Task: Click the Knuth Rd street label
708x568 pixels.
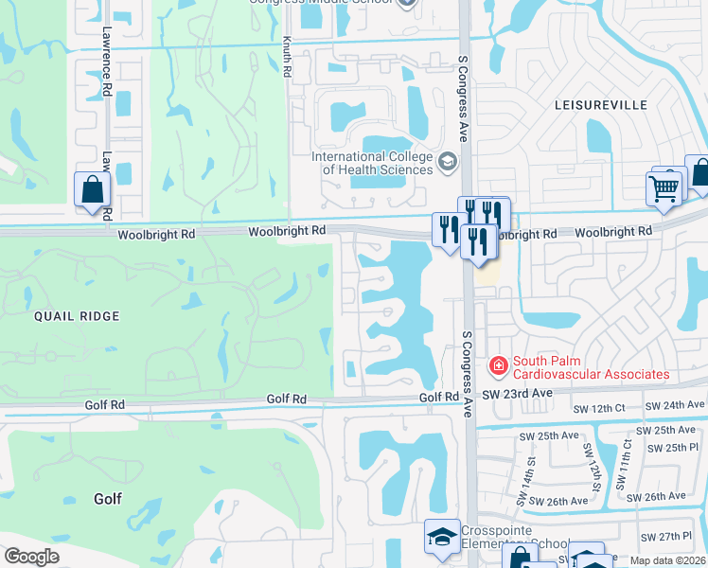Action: [x=288, y=58]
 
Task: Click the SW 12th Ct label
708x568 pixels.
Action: [x=601, y=406]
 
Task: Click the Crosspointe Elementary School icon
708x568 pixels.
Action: [x=441, y=537]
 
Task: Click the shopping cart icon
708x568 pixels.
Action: [x=663, y=187]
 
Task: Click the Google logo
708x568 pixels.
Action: [x=32, y=557]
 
